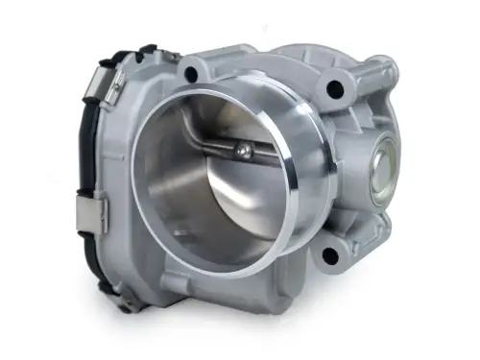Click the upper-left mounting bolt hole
click(190, 72)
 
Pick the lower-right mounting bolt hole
click(329, 255)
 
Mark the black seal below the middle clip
click(100, 259)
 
